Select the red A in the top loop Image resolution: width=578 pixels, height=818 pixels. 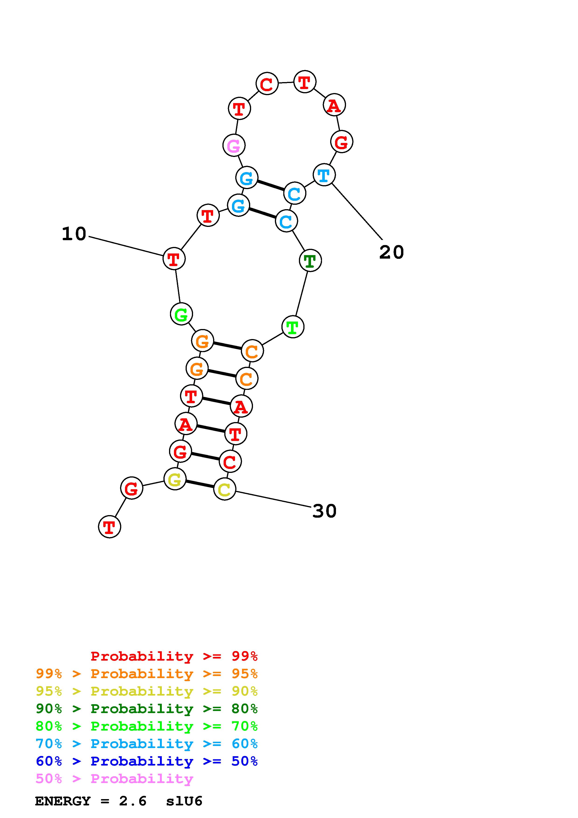click(334, 105)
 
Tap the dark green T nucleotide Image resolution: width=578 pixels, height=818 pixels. click(310, 261)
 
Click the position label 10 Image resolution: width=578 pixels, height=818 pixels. click(74, 234)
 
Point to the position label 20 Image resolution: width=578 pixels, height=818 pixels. click(391, 253)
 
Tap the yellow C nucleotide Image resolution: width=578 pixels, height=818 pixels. click(224, 489)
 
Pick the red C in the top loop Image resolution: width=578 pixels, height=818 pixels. click(267, 84)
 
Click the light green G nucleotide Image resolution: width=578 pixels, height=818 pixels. click(181, 314)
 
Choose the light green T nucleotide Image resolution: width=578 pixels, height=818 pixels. click(293, 327)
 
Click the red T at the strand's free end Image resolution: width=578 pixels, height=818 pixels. click(109, 527)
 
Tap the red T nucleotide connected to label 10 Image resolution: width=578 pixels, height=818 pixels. click(174, 259)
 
